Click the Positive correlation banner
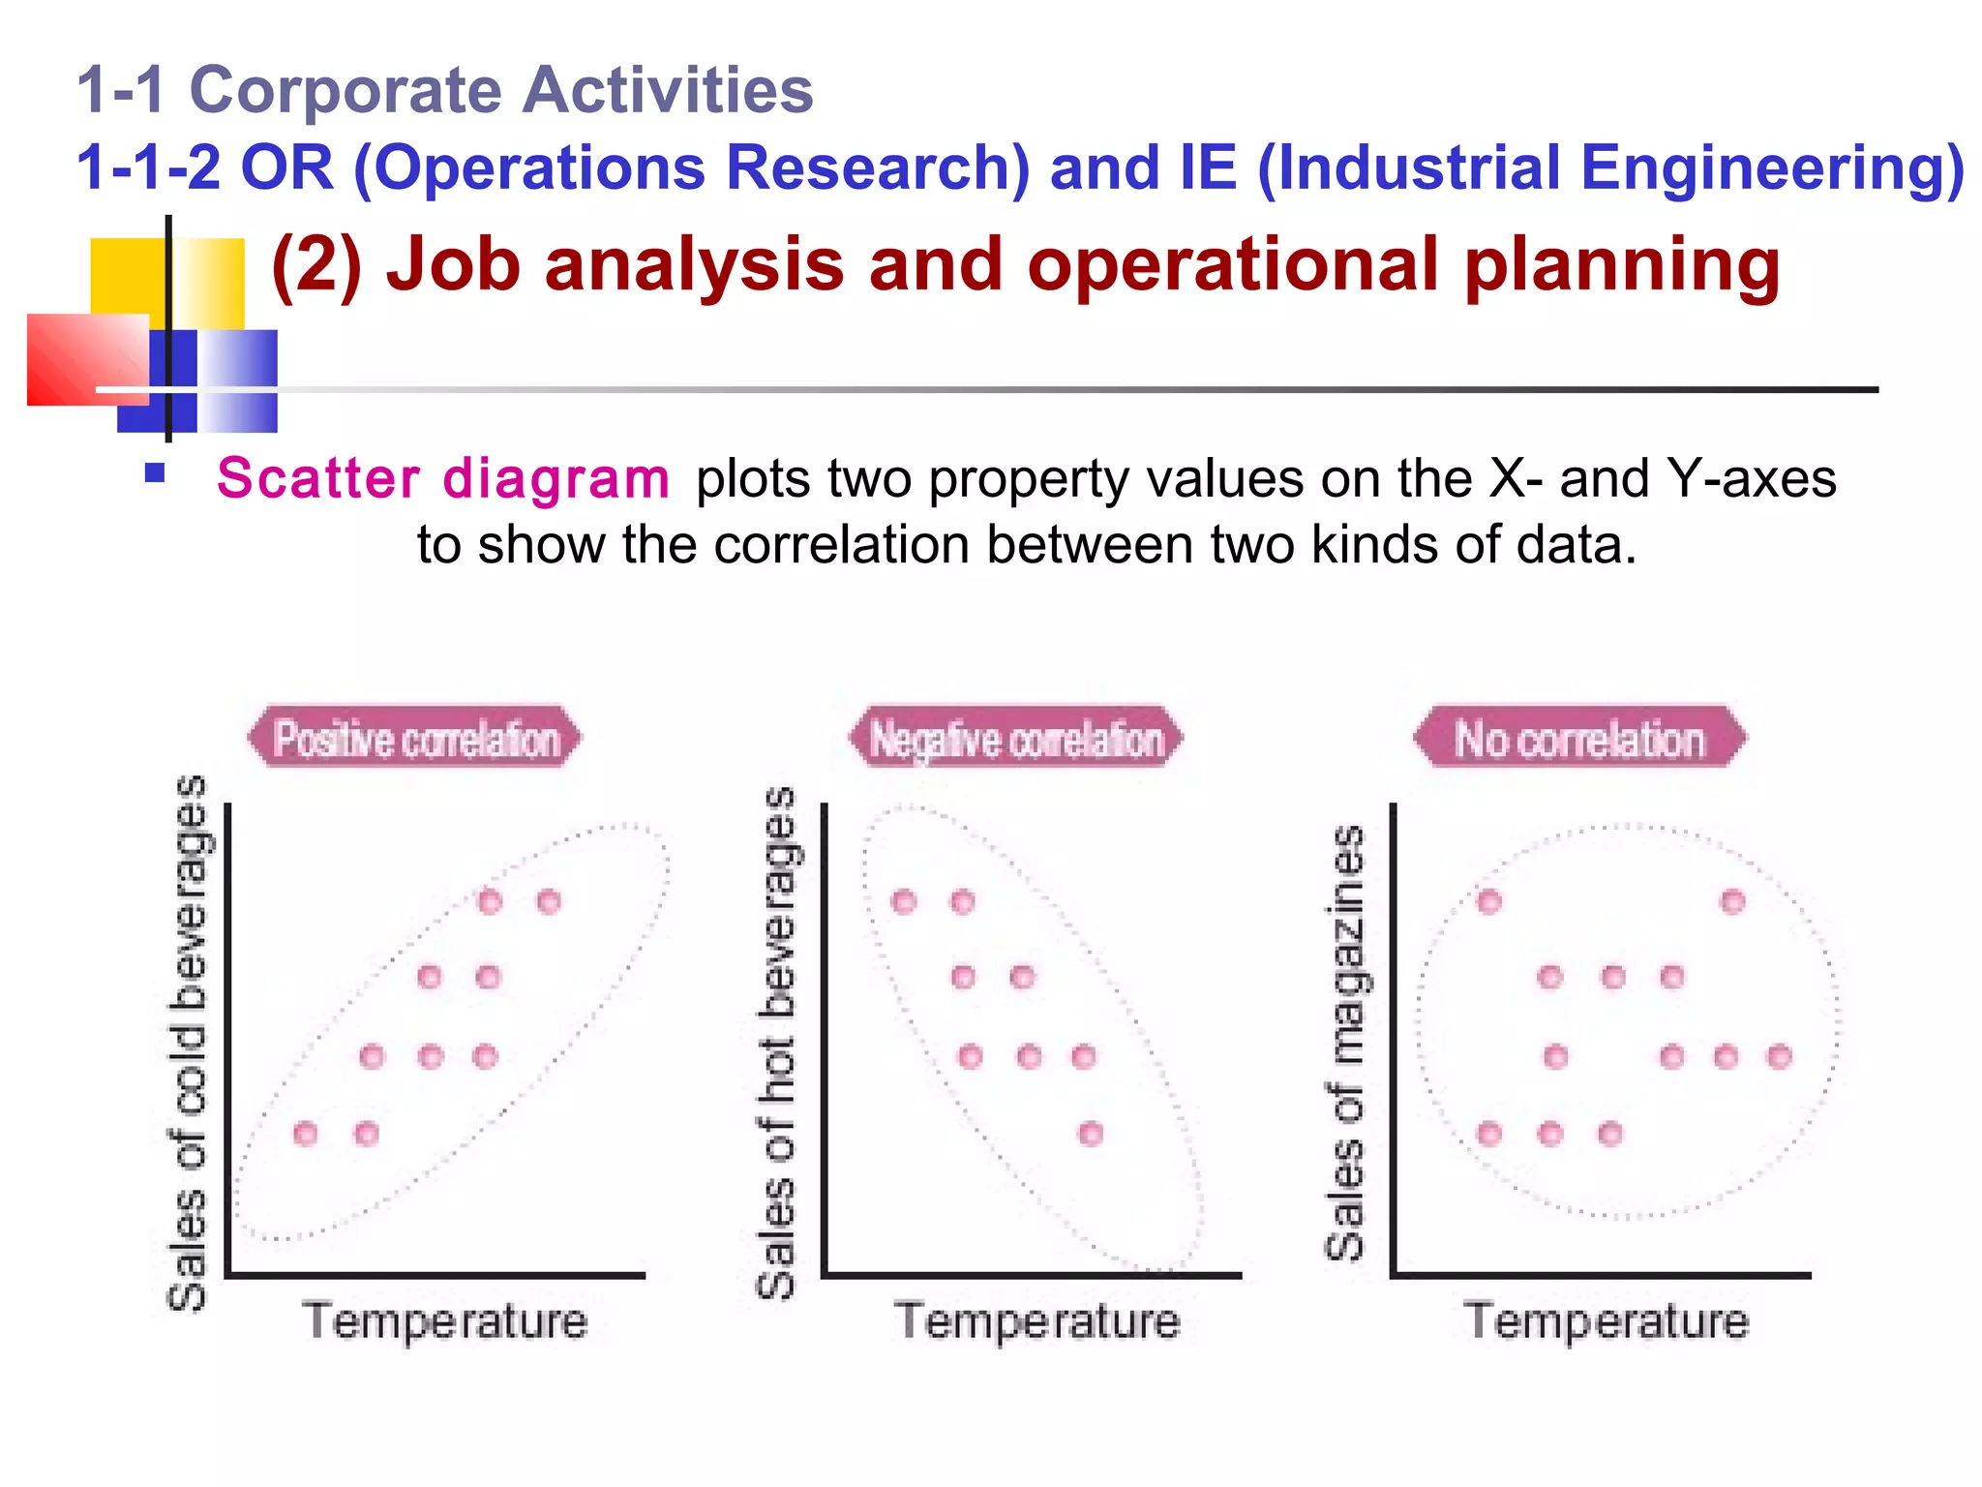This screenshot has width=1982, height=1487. click(x=416, y=739)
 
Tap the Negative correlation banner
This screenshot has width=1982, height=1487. click(x=1016, y=739)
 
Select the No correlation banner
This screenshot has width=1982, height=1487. click(x=1579, y=739)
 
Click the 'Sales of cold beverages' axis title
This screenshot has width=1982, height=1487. click(x=188, y=1044)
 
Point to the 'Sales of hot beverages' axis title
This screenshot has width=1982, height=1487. click(x=776, y=1044)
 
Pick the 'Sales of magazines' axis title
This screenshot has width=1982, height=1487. click(x=1345, y=1044)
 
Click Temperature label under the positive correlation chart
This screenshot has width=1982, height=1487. click(x=445, y=1321)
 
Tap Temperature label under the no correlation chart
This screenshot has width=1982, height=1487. click(x=1607, y=1321)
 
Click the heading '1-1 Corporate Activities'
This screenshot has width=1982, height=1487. click(x=445, y=90)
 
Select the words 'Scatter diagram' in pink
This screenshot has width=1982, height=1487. click(x=442, y=478)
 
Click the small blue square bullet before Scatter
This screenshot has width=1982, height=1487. click(x=154, y=474)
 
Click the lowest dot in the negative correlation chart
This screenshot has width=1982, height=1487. click(x=1091, y=1133)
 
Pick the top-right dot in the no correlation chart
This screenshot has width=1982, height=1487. click(x=1732, y=902)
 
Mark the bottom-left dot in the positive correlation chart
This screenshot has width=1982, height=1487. click(x=306, y=1133)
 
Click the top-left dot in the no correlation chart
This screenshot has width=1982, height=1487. click(x=1489, y=902)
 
